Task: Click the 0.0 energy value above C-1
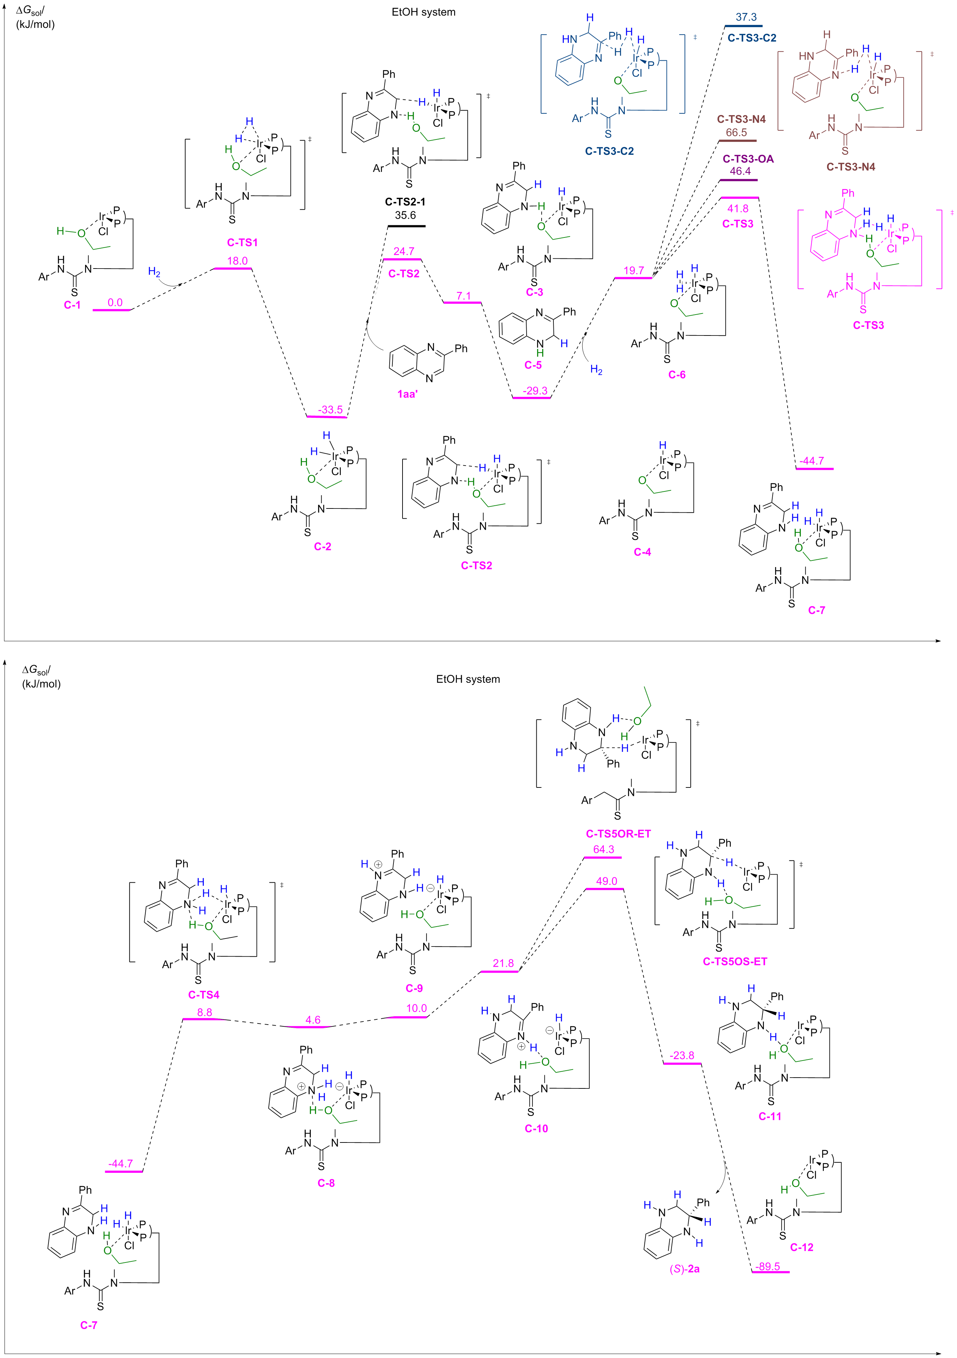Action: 115,302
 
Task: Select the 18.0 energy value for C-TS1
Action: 237,261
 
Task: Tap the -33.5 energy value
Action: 330,409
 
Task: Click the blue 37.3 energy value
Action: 746,17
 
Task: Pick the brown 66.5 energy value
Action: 736,133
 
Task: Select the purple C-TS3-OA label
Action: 748,159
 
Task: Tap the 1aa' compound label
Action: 407,394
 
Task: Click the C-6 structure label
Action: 677,375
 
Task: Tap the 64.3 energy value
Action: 604,849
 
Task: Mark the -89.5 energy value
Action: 768,1266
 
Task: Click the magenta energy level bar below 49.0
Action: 604,889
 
